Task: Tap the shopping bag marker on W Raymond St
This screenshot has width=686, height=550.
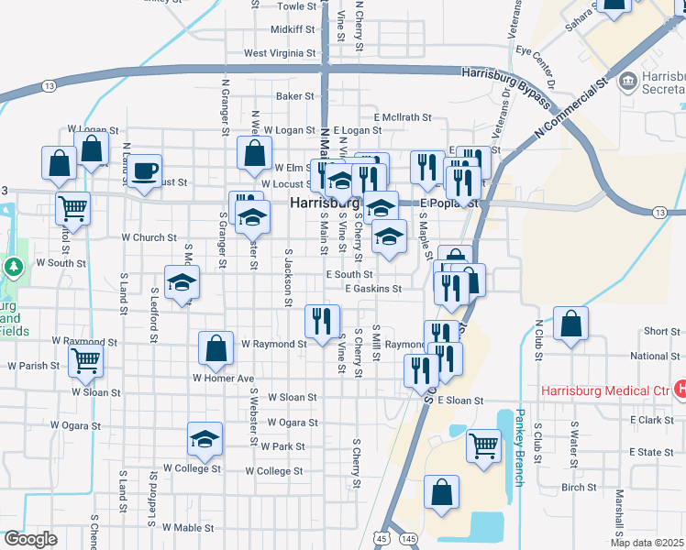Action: [216, 348]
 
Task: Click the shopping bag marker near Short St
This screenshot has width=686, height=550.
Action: [570, 323]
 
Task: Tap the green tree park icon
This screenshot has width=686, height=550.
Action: [14, 268]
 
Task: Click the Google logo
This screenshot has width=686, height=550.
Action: [30, 539]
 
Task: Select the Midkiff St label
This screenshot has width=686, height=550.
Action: [293, 29]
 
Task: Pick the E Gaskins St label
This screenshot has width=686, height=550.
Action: [373, 289]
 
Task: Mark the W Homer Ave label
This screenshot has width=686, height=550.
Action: [223, 378]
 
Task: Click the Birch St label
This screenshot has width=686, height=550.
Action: [579, 488]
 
